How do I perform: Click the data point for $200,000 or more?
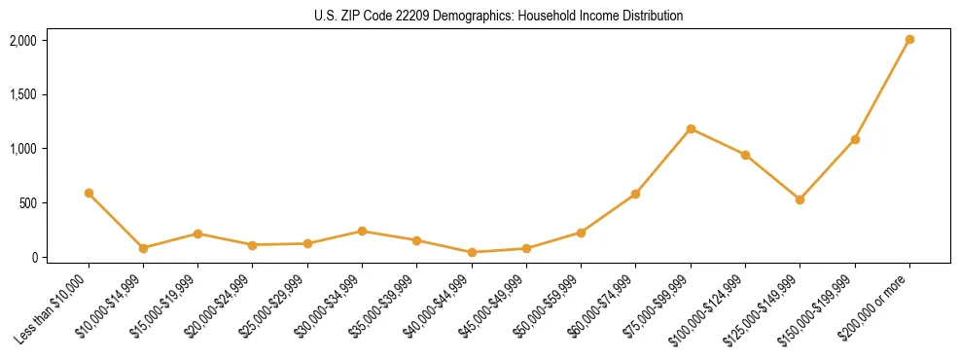point(909,40)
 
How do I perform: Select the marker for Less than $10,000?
point(89,193)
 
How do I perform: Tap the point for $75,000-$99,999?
point(691,128)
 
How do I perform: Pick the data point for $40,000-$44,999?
point(472,252)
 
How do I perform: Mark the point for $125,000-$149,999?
point(800,199)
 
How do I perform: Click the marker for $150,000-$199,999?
point(855,139)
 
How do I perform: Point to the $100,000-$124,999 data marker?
point(745,155)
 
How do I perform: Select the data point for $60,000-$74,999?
point(635,194)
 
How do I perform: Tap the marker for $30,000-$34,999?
point(362,231)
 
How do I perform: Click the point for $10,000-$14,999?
point(143,248)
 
